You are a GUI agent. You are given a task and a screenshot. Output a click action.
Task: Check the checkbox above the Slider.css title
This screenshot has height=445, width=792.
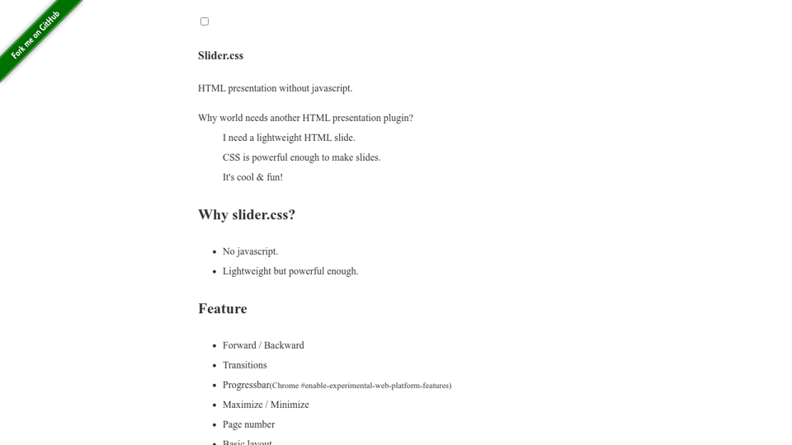[x=205, y=21]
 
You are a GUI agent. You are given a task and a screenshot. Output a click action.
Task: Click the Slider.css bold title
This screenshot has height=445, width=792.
[x=220, y=56]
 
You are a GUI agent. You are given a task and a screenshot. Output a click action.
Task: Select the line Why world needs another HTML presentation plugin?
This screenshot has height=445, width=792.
[x=305, y=118]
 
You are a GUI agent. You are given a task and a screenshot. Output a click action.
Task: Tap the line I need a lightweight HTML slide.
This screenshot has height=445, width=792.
[x=289, y=138]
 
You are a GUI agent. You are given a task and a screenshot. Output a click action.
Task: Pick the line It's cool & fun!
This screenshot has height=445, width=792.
[x=252, y=177]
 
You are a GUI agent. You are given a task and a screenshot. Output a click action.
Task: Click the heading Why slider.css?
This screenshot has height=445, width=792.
[x=246, y=215]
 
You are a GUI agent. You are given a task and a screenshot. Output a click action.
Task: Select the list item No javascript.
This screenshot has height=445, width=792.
[x=250, y=251]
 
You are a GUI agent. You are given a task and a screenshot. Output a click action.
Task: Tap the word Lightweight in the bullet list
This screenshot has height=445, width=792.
[x=247, y=271]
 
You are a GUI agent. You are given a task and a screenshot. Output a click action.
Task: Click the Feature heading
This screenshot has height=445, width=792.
[x=223, y=309]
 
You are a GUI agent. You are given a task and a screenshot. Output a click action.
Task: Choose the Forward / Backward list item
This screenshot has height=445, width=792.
[x=263, y=345]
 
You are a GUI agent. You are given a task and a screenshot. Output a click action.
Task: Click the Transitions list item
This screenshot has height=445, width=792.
[x=244, y=365]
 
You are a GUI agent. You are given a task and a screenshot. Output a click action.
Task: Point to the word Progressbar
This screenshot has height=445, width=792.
[x=246, y=385]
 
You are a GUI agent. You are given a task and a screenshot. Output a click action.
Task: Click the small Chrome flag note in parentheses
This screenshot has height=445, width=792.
[x=361, y=386]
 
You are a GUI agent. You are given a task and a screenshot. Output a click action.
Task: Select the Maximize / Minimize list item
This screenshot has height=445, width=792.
[x=266, y=405]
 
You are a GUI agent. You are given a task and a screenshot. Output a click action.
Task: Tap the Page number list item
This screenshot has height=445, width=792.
[x=248, y=424]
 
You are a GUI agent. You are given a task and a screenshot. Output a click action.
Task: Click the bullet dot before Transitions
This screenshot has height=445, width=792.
[x=214, y=366]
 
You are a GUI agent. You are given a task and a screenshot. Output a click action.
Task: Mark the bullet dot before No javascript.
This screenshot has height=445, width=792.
[x=214, y=252]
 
